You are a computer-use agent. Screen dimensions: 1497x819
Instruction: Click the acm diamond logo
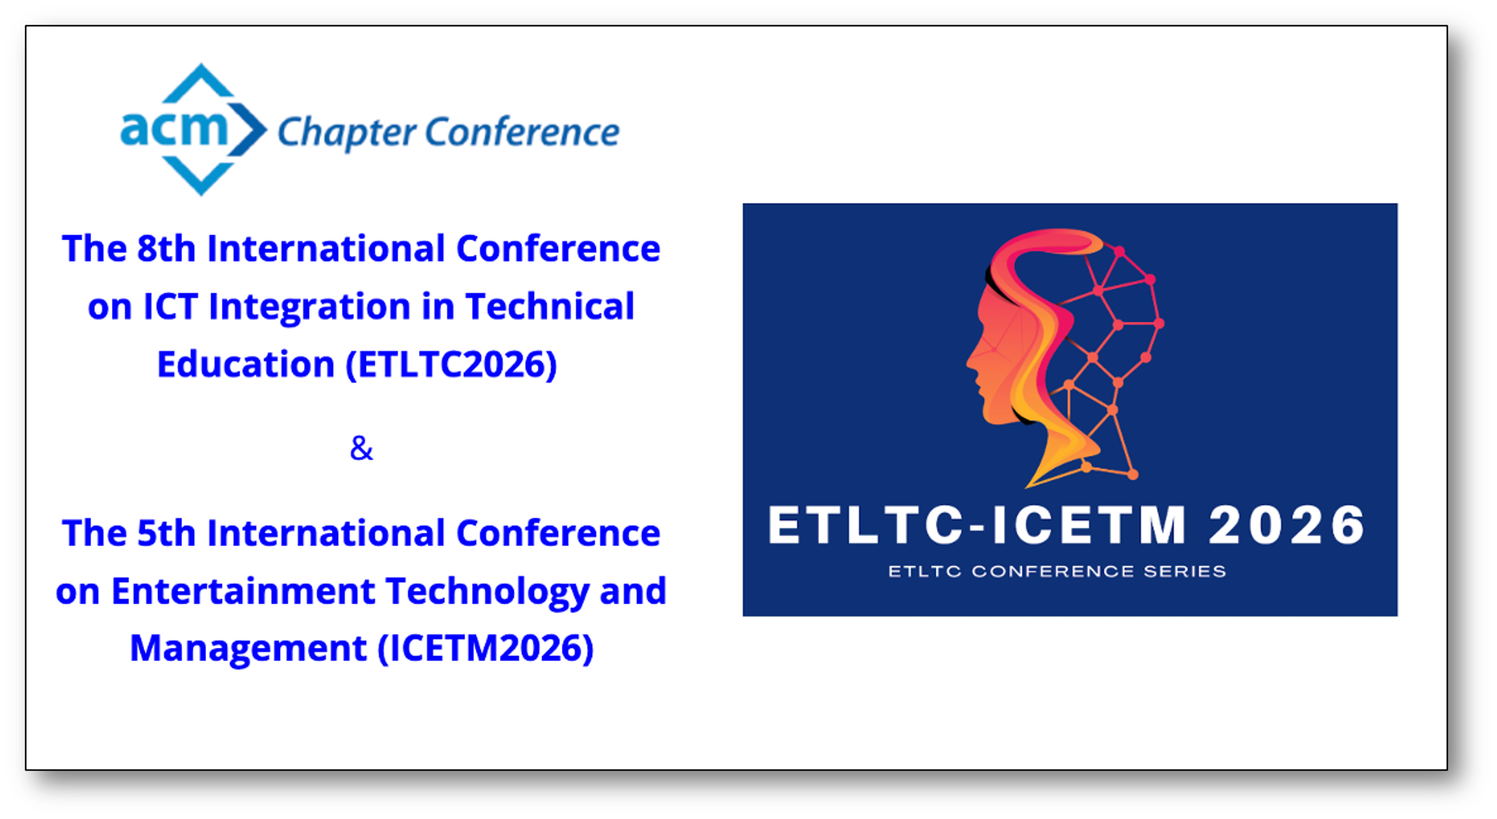[194, 129]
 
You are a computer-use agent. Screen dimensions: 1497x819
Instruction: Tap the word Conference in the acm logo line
[522, 131]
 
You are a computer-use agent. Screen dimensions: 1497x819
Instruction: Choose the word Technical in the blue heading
[550, 307]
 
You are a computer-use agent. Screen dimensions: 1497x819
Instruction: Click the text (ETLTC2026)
[451, 365]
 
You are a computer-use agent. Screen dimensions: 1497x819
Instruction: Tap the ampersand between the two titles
[361, 448]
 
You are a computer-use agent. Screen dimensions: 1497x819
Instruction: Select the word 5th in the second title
[166, 533]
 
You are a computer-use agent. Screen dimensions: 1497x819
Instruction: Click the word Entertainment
[243, 591]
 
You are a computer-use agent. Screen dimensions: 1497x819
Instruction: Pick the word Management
[248, 649]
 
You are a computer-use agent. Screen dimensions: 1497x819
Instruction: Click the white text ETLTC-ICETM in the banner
[977, 526]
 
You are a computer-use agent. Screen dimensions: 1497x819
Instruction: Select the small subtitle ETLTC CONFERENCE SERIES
[1057, 571]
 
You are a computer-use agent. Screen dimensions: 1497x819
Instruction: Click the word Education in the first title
[245, 365]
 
